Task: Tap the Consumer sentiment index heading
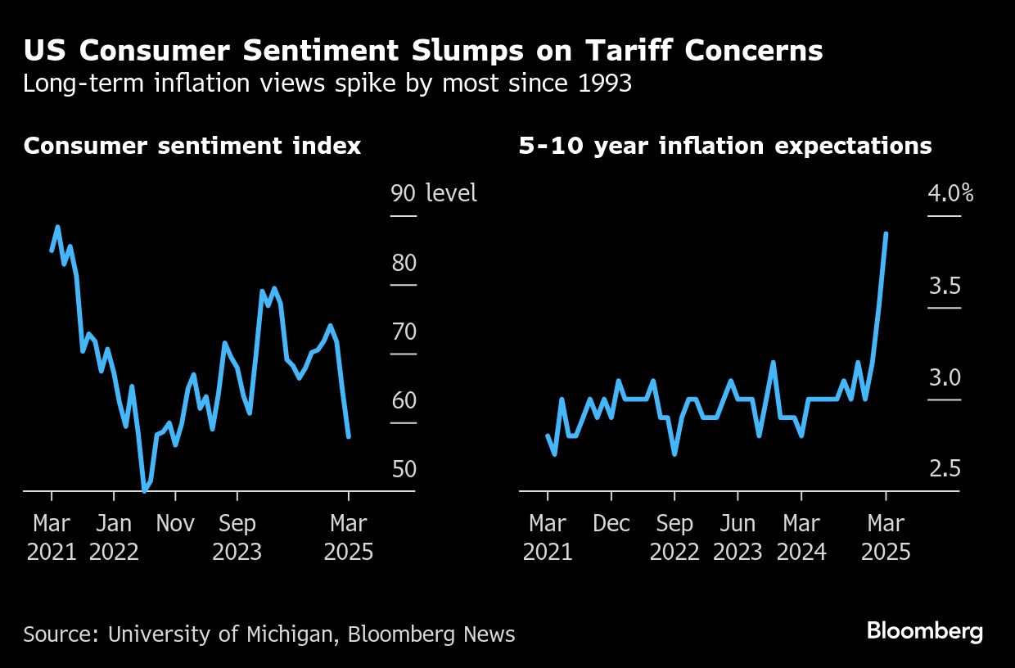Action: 192,146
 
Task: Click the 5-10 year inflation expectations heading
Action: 725,146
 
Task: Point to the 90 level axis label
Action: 434,193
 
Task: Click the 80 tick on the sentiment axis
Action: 404,264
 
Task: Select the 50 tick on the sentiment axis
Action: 404,470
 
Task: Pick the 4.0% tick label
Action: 950,194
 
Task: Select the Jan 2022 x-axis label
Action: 114,537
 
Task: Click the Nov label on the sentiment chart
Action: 175,523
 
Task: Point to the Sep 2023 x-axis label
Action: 237,537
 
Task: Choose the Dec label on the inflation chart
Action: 611,523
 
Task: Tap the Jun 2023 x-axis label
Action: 738,537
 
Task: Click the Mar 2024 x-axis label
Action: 801,537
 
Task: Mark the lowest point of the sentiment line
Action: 145,490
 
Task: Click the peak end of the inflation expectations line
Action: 886,233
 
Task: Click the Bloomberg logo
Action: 924,631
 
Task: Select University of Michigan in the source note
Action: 222,634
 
